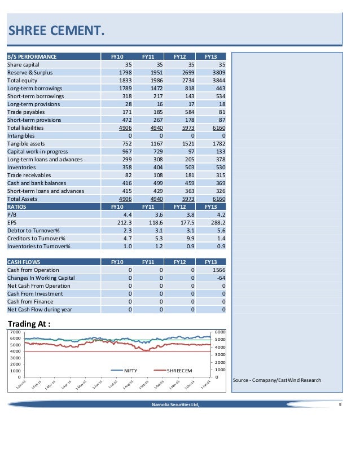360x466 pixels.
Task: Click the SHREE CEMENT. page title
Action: click(x=55, y=30)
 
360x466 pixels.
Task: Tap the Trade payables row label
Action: click(x=27, y=112)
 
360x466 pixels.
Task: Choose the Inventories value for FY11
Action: click(x=154, y=168)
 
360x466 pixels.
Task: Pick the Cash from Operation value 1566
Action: click(x=216, y=270)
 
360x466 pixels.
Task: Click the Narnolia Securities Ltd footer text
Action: click(x=175, y=404)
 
